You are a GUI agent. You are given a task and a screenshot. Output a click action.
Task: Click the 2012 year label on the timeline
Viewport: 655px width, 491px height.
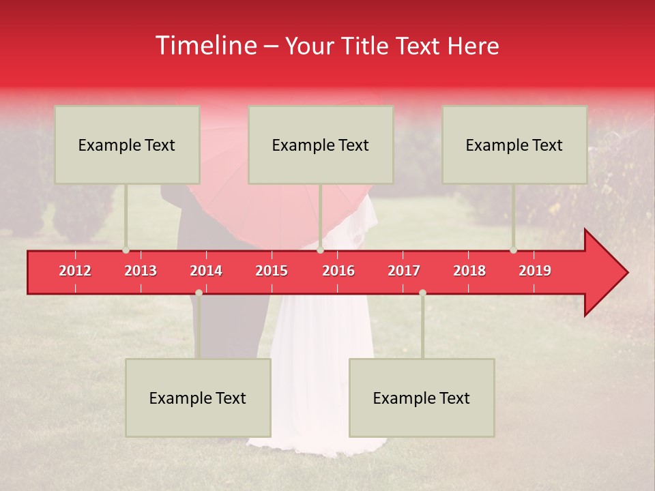point(75,271)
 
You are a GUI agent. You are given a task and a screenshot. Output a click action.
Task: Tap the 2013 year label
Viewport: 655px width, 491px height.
point(141,271)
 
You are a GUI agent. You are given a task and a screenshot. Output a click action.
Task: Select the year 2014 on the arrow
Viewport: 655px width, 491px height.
point(206,271)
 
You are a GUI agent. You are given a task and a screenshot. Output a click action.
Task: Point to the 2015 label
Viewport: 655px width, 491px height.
point(272,271)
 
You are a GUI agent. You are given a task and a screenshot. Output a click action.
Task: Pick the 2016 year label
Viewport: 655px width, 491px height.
point(338,271)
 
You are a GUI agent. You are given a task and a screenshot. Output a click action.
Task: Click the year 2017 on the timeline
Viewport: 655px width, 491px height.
point(404,271)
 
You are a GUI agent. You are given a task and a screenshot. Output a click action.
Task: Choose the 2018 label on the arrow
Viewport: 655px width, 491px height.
point(469,271)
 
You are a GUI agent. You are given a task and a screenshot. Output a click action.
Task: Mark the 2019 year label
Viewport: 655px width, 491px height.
point(535,271)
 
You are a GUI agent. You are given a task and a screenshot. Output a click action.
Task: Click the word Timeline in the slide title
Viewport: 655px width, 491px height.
point(205,46)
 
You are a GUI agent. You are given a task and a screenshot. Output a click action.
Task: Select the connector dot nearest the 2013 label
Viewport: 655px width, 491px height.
point(126,250)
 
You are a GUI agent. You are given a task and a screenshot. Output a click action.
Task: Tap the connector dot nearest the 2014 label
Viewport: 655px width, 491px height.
point(199,293)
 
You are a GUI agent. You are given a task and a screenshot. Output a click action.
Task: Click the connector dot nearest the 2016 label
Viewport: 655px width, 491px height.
point(320,250)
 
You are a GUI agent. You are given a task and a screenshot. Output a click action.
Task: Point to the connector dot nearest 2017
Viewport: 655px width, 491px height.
point(422,293)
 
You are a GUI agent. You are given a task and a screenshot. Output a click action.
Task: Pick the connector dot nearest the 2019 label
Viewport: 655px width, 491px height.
point(513,250)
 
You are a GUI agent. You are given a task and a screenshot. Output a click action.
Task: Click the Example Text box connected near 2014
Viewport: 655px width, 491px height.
point(198,398)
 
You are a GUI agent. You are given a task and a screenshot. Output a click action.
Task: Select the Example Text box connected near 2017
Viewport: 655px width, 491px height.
point(422,398)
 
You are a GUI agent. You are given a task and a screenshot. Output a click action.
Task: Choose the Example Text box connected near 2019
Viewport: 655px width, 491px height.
point(514,145)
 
